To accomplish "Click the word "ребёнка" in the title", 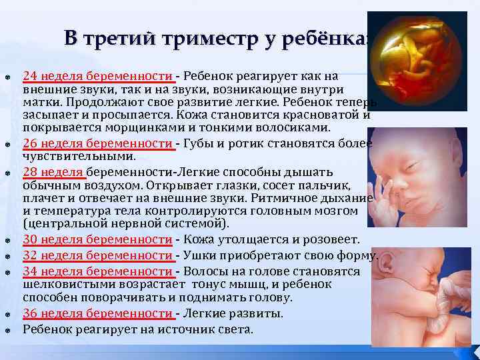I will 329,39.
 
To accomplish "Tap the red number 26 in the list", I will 30,143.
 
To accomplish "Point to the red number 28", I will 30,171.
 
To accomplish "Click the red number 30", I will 30,239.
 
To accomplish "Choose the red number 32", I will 30,255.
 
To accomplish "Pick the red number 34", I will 30,271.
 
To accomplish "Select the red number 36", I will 30,313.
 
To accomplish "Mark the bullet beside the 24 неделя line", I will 6,75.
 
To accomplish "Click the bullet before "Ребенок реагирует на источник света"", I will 6,330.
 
